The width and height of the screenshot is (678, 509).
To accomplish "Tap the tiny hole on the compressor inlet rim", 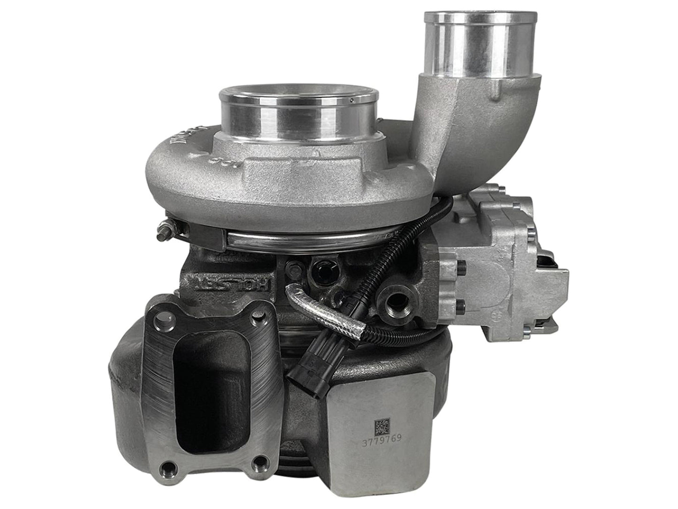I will tap(351, 100).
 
